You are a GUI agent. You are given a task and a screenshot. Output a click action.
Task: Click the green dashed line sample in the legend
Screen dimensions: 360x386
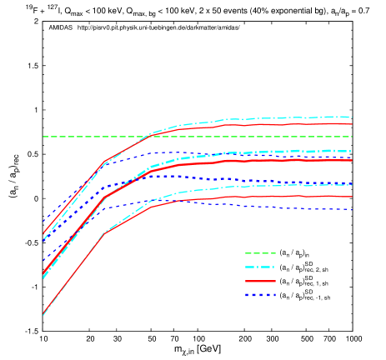click(260, 253)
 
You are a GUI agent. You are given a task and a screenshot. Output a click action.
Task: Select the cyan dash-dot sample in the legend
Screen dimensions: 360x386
click(260, 267)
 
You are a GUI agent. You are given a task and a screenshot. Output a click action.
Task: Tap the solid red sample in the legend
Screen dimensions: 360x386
click(260, 281)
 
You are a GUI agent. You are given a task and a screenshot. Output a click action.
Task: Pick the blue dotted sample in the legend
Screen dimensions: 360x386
click(260, 295)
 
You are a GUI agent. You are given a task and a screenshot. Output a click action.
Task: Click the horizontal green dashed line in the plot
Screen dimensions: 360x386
click(250, 137)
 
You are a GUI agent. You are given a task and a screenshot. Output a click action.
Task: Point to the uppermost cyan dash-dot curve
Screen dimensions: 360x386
click(292, 117)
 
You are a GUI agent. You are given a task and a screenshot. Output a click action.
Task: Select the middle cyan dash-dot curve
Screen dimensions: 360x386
click(292, 152)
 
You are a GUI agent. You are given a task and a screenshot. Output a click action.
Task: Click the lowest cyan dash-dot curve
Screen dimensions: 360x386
click(292, 185)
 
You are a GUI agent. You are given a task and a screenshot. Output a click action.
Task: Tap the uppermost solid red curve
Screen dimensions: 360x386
click(292, 124)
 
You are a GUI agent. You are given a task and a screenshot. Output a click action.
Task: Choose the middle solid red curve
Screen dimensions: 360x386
click(292, 159)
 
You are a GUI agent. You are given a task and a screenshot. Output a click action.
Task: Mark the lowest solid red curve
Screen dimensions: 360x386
click(292, 197)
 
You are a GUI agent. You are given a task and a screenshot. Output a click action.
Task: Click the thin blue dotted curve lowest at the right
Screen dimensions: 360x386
click(292, 207)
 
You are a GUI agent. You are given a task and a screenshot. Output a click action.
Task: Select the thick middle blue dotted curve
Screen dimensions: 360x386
click(292, 182)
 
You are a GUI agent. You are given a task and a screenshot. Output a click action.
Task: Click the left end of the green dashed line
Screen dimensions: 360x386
click(43, 137)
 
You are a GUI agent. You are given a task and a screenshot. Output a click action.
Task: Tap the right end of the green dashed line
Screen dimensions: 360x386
click(352, 137)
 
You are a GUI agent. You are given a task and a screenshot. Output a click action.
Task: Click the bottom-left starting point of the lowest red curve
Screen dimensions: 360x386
click(43, 314)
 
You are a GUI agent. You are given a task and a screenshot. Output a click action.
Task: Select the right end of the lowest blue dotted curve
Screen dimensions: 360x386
click(352, 209)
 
